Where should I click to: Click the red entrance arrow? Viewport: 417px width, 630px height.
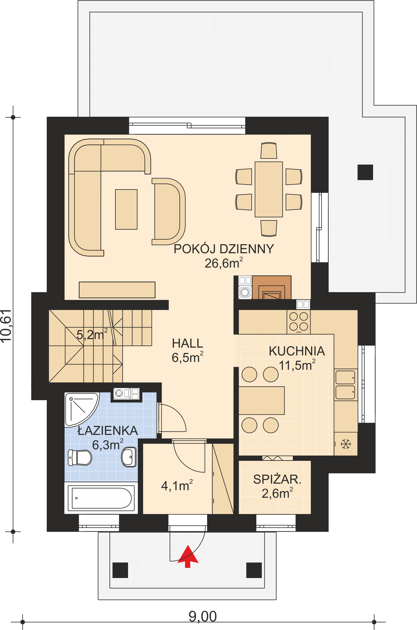coord(188,557)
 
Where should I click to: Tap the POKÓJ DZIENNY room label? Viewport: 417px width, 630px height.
coord(224,249)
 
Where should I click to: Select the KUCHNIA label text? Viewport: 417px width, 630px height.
coord(297,351)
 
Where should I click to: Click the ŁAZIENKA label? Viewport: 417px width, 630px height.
coord(108,431)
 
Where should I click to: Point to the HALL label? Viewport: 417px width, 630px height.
coord(188,343)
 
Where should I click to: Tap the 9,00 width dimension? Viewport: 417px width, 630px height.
coord(203,616)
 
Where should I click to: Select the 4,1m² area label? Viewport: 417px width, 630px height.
coord(177,486)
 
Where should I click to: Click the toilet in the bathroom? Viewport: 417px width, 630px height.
coord(80,458)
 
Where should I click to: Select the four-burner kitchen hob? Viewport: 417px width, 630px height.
coord(299,322)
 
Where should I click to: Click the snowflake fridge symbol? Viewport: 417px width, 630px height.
coord(346,444)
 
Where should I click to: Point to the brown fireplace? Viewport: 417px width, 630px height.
coord(272,287)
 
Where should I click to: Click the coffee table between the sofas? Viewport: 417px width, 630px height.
coord(126,209)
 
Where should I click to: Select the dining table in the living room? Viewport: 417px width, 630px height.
coord(269,189)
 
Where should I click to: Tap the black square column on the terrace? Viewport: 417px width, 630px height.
coord(365,172)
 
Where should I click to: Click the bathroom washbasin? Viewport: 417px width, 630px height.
coord(129,457)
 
